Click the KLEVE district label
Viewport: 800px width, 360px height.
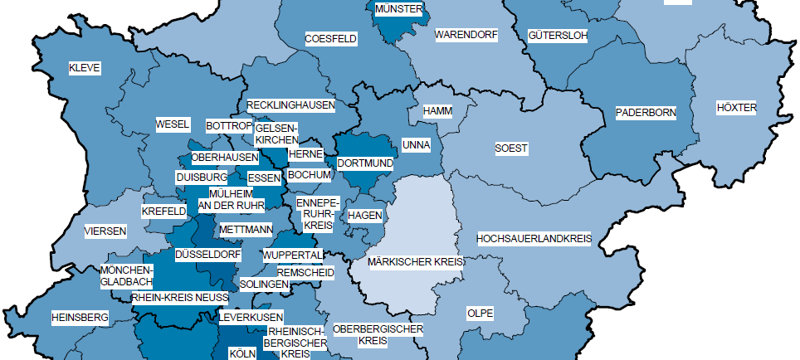(x=85, y=69)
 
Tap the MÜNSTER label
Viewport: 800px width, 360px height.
(x=399, y=9)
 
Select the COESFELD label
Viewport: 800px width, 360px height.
(x=330, y=39)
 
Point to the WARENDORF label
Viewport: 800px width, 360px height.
(x=465, y=36)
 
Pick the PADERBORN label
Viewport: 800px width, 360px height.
(x=646, y=112)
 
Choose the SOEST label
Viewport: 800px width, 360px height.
(x=511, y=148)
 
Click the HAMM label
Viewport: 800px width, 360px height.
(x=437, y=111)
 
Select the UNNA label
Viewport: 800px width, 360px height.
(x=416, y=145)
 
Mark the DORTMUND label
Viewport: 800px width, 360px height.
(x=364, y=164)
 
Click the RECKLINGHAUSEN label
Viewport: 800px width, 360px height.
(x=290, y=106)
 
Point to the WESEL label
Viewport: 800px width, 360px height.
(x=173, y=125)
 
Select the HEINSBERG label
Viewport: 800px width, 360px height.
(x=80, y=318)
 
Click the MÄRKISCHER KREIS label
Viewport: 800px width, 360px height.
(x=415, y=261)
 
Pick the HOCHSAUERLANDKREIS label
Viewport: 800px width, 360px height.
(x=534, y=239)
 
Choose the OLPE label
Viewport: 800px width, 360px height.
(x=480, y=314)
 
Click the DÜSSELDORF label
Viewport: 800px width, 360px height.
(x=207, y=254)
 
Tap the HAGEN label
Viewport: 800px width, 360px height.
(x=364, y=215)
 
